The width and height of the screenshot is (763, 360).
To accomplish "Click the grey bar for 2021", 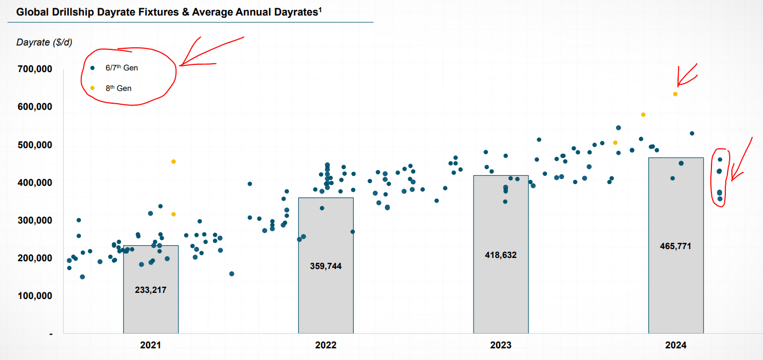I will [x=150, y=311].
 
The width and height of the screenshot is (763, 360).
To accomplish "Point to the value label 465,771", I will [x=676, y=246].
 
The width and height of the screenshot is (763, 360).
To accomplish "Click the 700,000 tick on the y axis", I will [x=35, y=69].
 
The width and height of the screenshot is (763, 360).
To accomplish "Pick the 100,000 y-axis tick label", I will [x=35, y=296].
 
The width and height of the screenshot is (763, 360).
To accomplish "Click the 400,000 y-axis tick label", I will [x=35, y=182].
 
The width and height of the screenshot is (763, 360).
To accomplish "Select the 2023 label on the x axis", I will [x=501, y=345].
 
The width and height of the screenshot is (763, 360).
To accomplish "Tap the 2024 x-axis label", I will [x=676, y=345].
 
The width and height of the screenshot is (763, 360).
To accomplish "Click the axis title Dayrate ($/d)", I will [x=44, y=42].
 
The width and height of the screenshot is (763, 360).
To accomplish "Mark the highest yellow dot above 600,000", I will [x=675, y=94].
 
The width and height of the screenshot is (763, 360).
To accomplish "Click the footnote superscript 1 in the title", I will [x=321, y=9].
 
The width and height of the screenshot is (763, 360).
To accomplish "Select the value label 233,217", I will [x=150, y=290].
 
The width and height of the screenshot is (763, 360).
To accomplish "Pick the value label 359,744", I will [x=325, y=266].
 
